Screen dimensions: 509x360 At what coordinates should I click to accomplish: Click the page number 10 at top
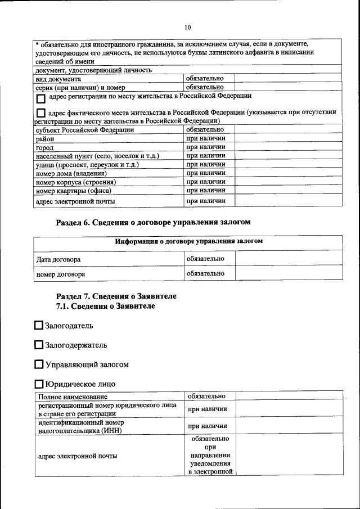[x=188, y=27]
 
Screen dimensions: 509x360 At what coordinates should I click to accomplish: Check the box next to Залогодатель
[x=38, y=325]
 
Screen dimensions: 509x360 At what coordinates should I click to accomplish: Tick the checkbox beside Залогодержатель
[x=38, y=345]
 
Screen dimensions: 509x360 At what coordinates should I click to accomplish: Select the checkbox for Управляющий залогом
[x=38, y=364]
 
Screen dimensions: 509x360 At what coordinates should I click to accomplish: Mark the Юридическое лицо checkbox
[x=38, y=384]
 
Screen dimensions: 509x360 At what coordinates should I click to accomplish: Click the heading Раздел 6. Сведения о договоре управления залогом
[x=153, y=222]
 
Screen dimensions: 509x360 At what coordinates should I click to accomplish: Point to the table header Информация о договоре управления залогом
[x=188, y=241]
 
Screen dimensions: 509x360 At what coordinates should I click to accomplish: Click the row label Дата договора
[x=58, y=259]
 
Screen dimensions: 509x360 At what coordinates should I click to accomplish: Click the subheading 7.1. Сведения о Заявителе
[x=105, y=306]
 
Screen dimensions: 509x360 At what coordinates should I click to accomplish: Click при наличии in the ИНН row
[x=208, y=426]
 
